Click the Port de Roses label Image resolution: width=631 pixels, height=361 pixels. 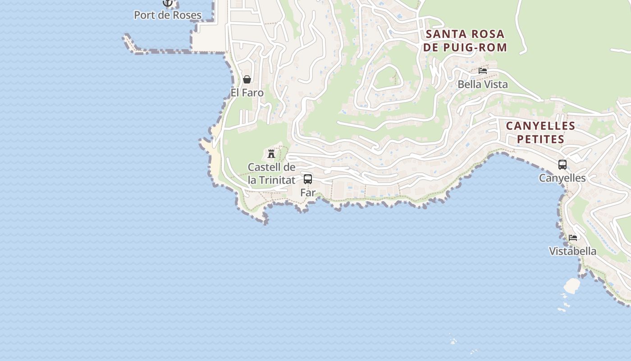point(168,15)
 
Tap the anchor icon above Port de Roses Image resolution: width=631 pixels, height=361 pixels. point(168,3)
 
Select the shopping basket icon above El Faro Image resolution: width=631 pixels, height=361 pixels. point(247,79)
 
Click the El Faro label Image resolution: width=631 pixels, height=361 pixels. point(247,93)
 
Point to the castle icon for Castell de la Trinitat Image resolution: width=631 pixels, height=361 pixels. point(271,154)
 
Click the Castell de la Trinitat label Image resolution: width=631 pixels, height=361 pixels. point(272,173)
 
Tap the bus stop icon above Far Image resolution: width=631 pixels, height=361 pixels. point(308,179)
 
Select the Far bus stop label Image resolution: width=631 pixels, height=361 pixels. point(308,192)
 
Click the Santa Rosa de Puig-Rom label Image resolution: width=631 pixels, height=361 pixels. point(465,41)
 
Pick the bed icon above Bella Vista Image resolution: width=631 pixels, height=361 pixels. point(483,71)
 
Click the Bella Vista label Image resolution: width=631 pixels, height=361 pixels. point(483,84)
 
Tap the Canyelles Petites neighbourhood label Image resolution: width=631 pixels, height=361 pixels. point(540,132)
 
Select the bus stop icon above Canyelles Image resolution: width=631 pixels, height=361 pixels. point(562,165)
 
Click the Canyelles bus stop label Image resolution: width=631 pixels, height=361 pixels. point(562,178)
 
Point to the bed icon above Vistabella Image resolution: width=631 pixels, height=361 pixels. point(573,238)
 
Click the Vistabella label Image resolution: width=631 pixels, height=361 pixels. point(573,251)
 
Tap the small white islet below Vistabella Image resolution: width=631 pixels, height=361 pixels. point(572,285)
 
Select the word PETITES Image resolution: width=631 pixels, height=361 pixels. point(540,139)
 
